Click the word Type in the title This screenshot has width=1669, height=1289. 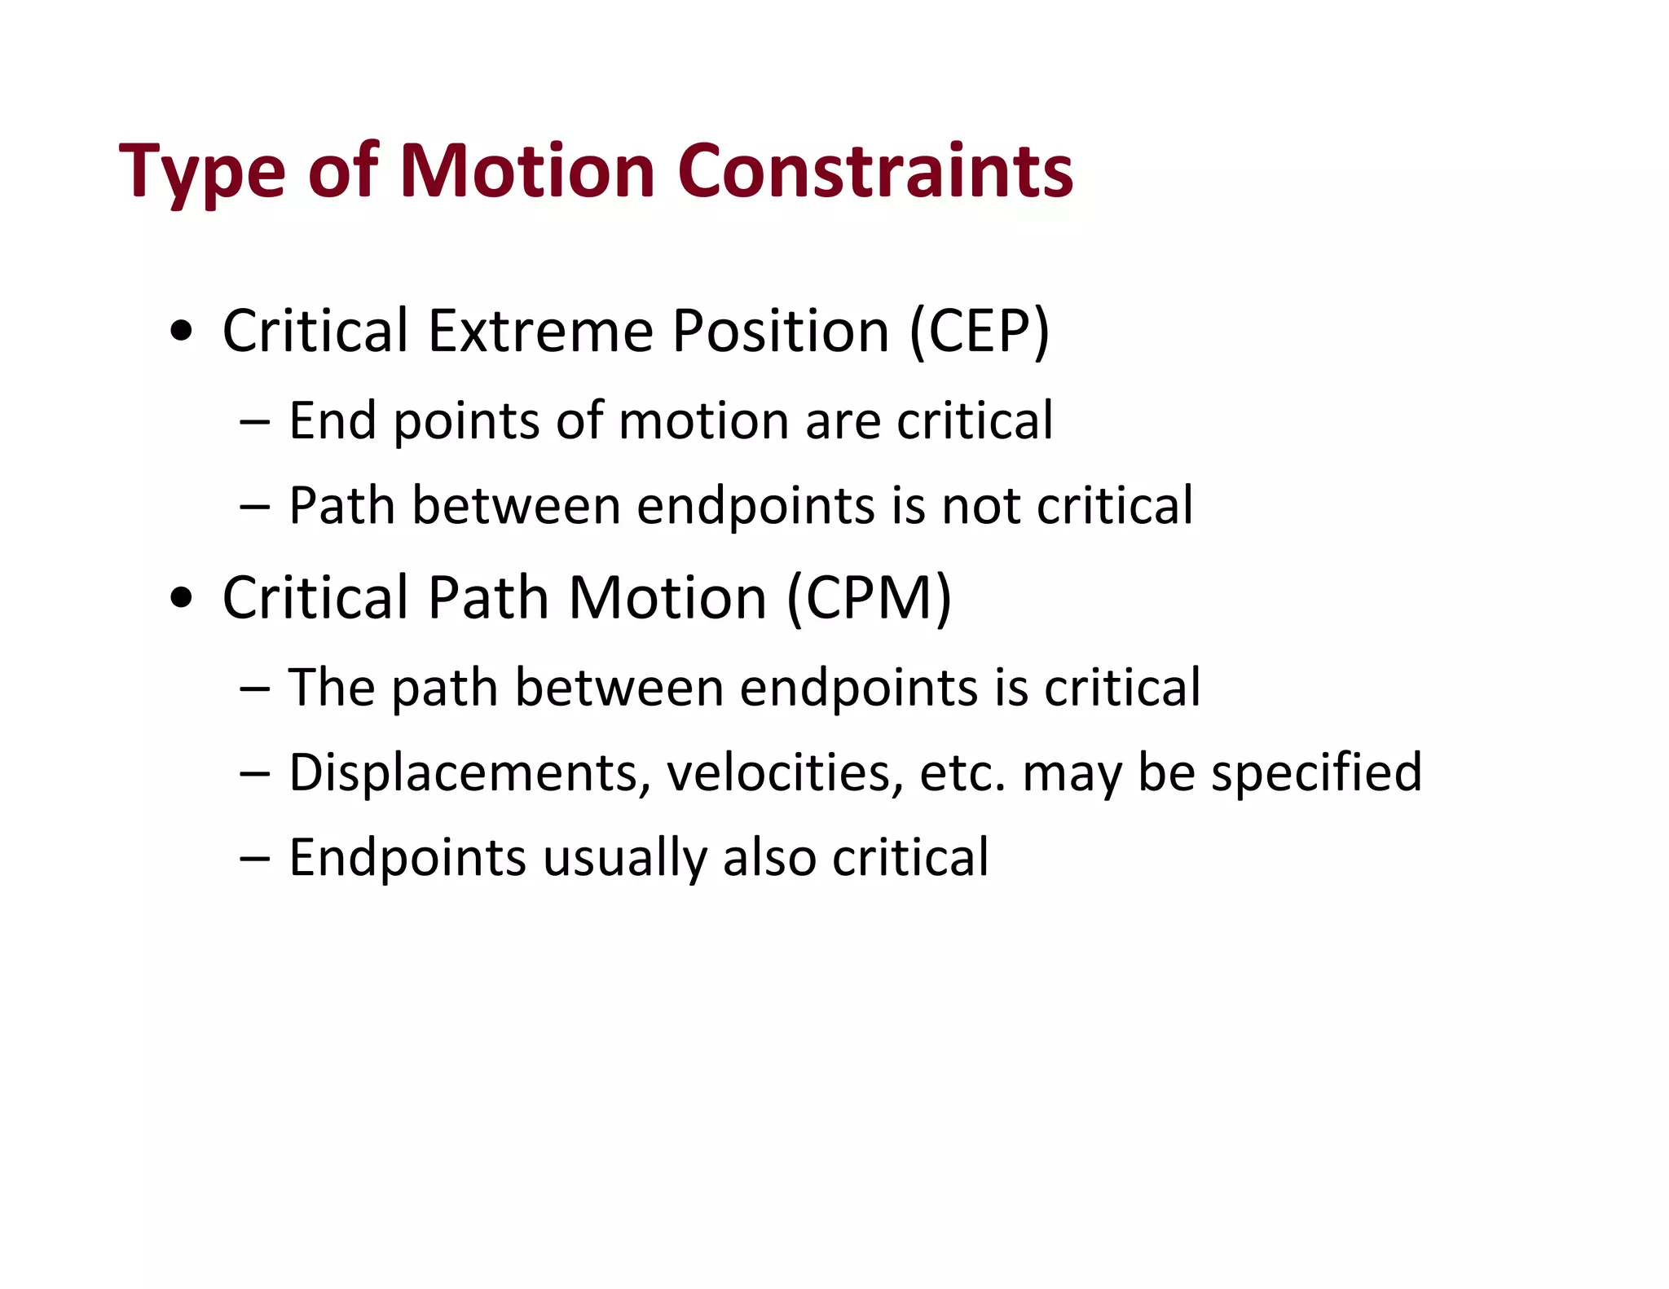point(202,172)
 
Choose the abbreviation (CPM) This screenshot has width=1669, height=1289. point(869,598)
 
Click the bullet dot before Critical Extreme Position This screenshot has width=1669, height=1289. point(182,332)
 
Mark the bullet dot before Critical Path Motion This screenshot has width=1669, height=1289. point(182,598)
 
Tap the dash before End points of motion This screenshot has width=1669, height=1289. point(254,422)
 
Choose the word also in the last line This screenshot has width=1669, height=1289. point(769,857)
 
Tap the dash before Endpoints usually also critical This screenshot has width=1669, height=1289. point(254,858)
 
